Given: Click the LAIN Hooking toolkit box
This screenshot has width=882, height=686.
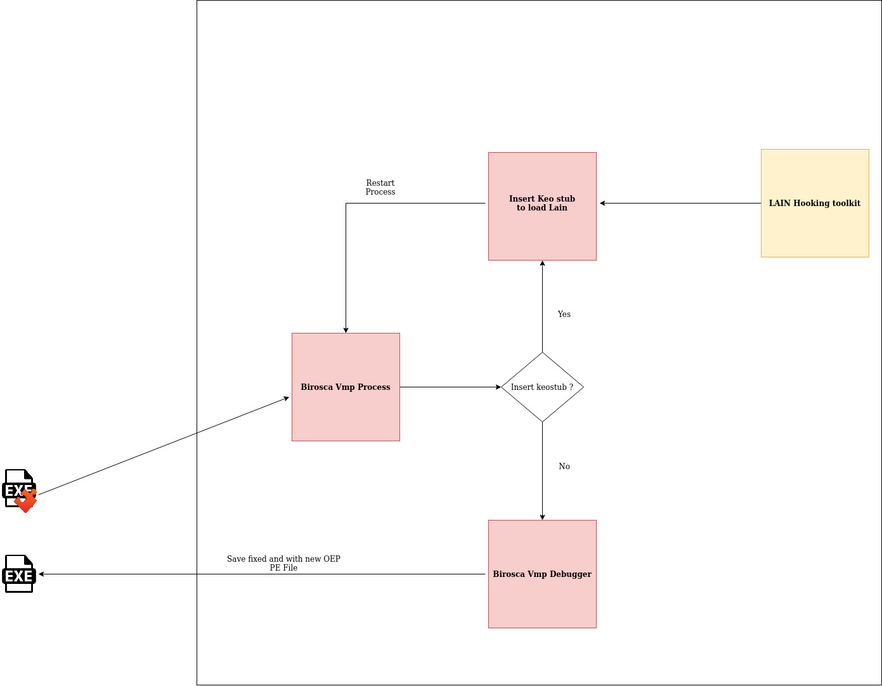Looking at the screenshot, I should click(815, 203).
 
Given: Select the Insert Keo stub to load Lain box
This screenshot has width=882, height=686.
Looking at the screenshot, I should click(542, 206).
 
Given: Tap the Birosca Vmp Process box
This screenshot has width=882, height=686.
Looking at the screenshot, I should click(346, 387).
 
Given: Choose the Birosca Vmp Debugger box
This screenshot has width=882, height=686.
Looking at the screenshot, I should click(542, 574).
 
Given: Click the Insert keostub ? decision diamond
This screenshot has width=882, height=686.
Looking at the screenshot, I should click(542, 387).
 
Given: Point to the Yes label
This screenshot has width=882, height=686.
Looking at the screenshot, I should click(564, 314).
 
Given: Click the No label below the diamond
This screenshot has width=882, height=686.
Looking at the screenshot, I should click(564, 466).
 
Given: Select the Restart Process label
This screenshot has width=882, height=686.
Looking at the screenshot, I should click(380, 187).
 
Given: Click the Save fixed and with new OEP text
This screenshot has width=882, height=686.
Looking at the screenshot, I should click(283, 559).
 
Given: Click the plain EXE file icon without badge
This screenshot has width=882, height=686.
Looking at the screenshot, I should click(19, 574).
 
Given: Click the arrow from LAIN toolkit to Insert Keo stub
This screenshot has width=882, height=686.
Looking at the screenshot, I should click(678, 203).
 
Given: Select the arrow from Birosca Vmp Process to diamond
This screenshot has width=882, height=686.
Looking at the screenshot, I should click(450, 387).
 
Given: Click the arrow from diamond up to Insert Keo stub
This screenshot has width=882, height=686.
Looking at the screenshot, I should click(542, 304).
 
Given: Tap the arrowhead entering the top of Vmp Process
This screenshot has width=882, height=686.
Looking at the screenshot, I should click(346, 329).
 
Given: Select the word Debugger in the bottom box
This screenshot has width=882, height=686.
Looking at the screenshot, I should click(570, 574).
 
